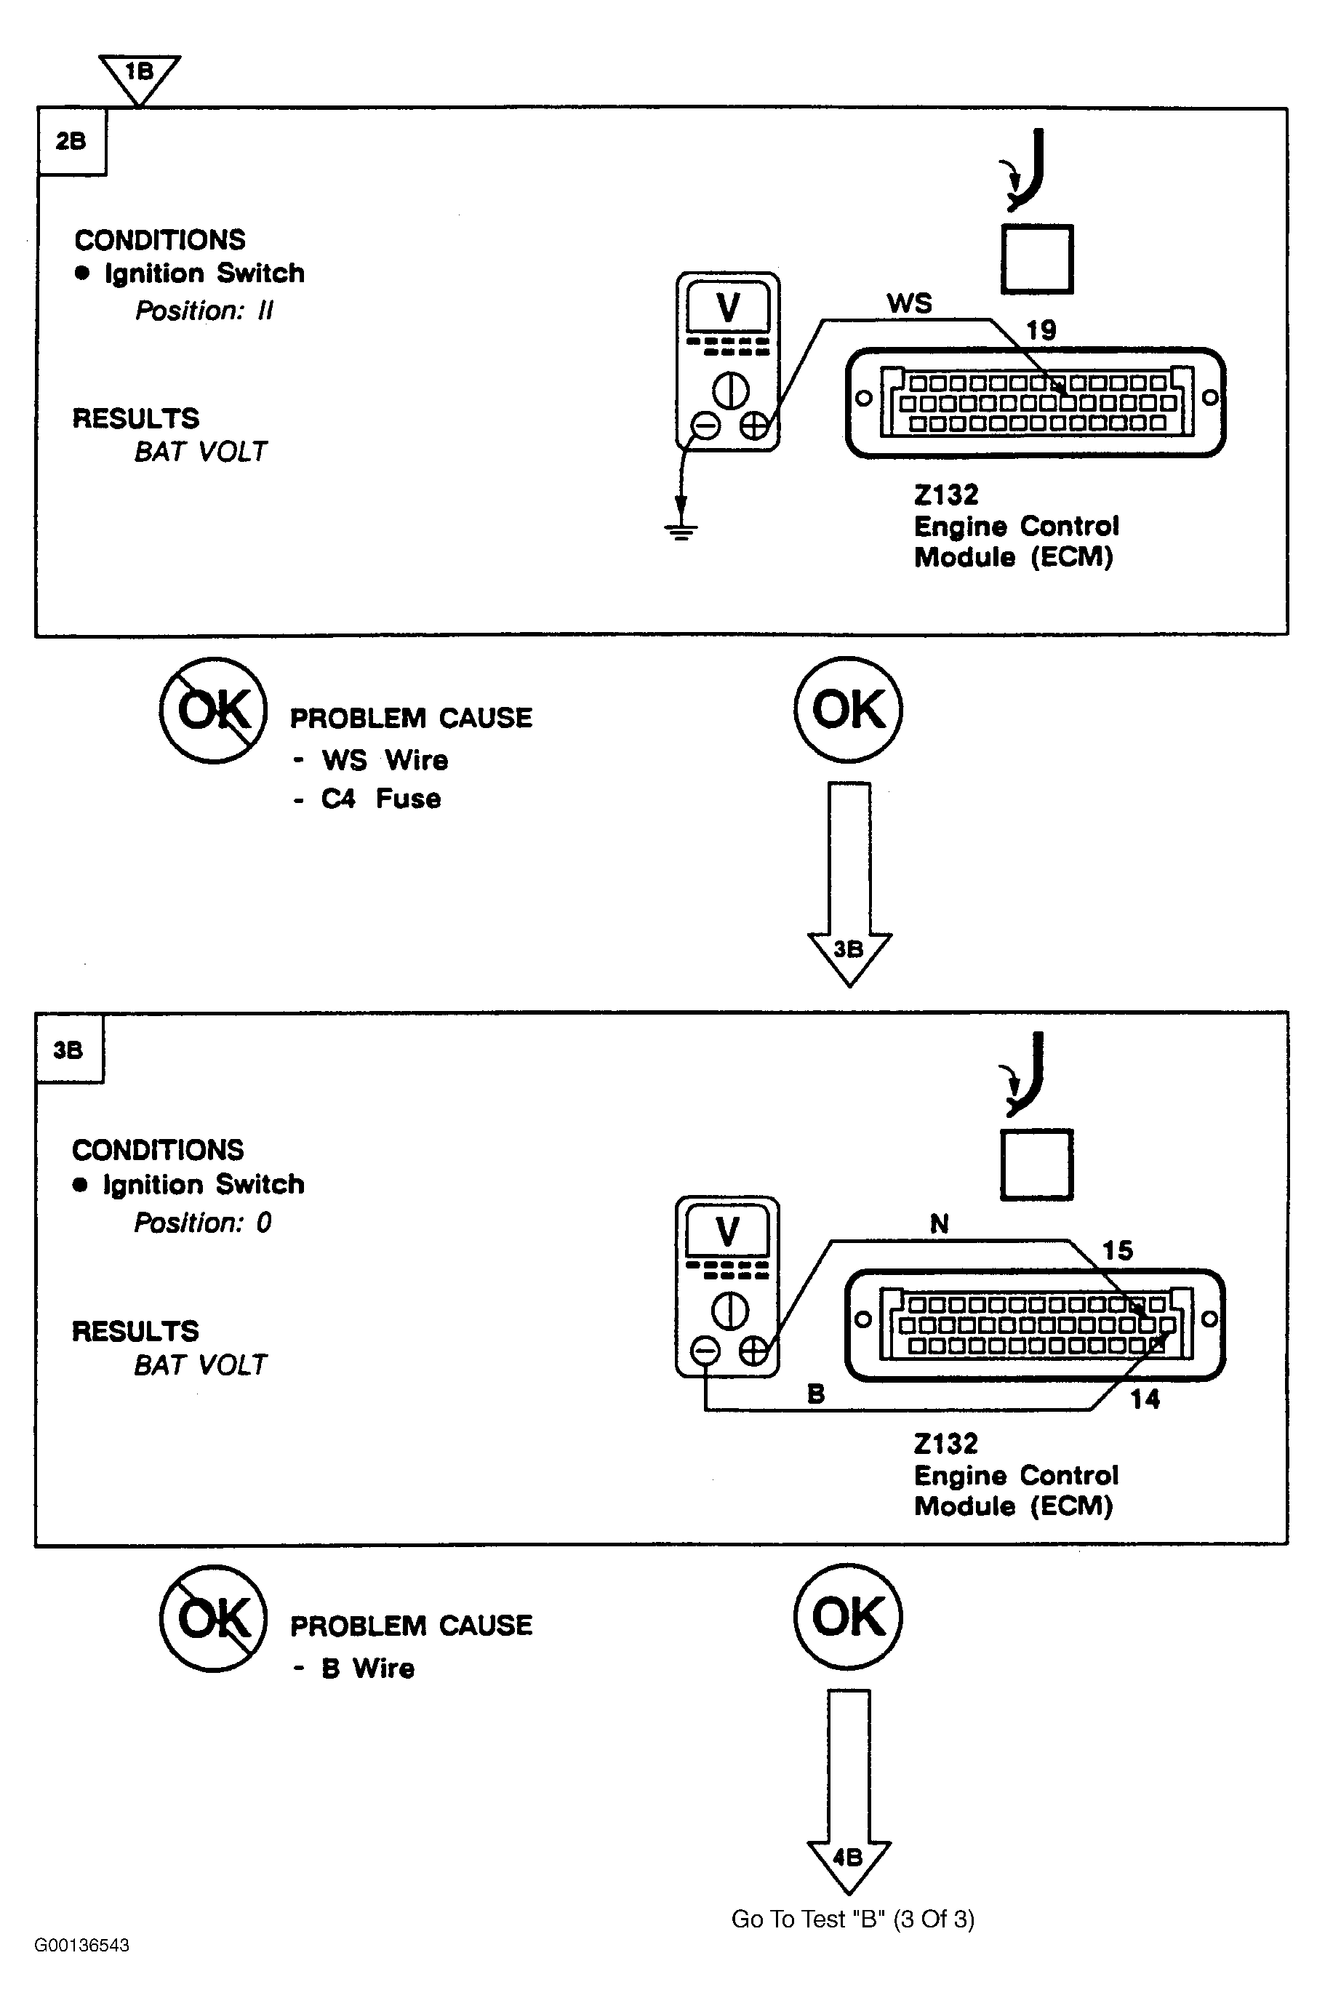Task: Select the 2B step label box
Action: (71, 142)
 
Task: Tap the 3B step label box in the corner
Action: (70, 1049)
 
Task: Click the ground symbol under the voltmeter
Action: (681, 530)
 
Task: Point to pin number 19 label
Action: (1041, 330)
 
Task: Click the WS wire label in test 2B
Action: (909, 303)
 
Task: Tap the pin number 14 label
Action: (1144, 1399)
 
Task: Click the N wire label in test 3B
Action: (940, 1224)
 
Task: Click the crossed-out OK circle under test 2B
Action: (213, 710)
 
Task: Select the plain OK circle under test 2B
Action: (848, 710)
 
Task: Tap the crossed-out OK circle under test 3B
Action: (213, 1618)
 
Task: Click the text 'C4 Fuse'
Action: (381, 798)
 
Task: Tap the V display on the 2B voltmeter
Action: (728, 307)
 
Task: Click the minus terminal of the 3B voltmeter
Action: (705, 1351)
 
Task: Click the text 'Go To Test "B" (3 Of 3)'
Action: (853, 1919)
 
